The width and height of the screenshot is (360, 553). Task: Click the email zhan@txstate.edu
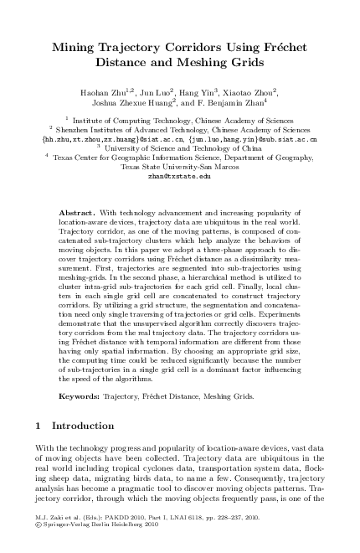tap(179, 177)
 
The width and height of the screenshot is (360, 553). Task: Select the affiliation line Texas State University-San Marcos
tap(179, 167)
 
